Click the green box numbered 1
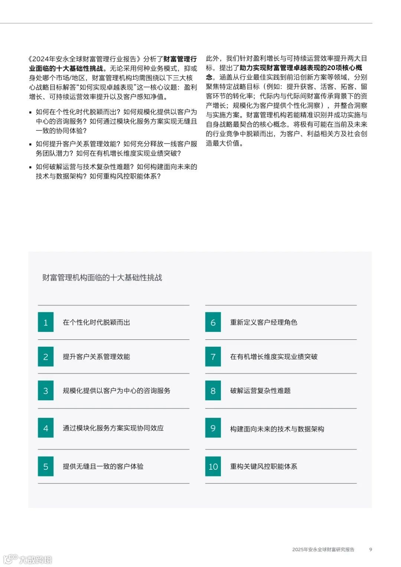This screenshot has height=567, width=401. click(x=46, y=322)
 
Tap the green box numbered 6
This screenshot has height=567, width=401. click(x=213, y=322)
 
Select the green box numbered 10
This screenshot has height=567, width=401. click(x=213, y=466)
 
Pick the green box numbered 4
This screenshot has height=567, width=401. click(x=46, y=428)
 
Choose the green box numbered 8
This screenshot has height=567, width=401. click(x=213, y=391)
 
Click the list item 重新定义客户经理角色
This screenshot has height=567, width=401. click(x=264, y=322)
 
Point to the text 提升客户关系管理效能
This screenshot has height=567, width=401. click(x=96, y=356)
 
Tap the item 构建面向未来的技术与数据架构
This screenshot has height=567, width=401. click(x=277, y=429)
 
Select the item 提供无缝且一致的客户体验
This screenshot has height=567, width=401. click(x=103, y=466)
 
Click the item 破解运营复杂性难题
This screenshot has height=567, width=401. click(x=260, y=391)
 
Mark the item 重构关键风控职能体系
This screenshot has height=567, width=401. click(x=264, y=466)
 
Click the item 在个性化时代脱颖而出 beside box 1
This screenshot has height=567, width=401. click(x=96, y=322)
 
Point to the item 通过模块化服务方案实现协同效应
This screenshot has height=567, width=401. click(x=113, y=428)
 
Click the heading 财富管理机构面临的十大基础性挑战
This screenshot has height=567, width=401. click(x=102, y=277)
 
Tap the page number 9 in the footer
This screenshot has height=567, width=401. click(x=370, y=550)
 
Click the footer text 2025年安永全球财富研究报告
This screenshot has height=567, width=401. click(x=323, y=550)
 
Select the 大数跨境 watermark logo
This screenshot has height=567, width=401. click(x=28, y=559)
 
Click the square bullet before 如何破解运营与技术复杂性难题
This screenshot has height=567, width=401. click(x=30, y=167)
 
